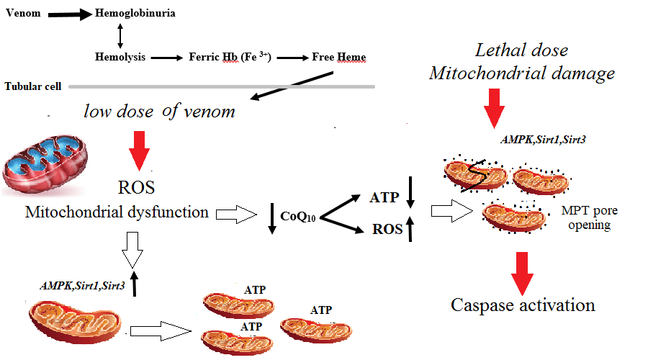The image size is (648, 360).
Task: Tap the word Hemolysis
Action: click(120, 56)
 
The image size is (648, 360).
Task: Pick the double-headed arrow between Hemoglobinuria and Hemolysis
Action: click(120, 35)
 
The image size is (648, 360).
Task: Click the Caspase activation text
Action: click(523, 305)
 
